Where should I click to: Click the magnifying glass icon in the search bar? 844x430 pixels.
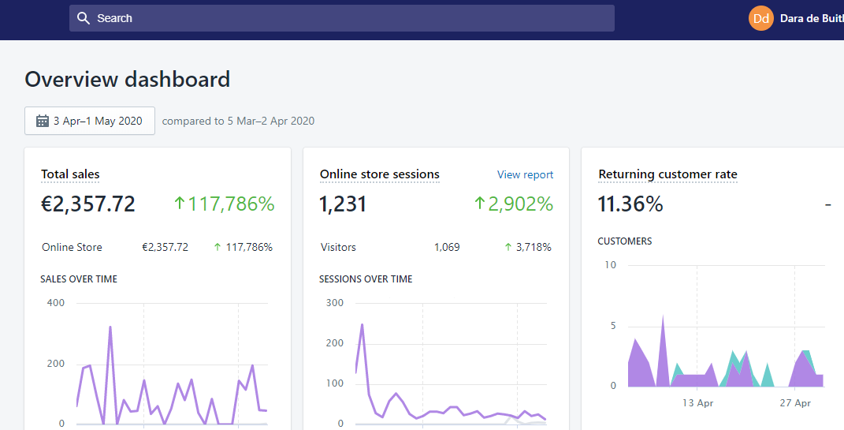pos(84,18)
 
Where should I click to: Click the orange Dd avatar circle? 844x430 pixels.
pos(761,18)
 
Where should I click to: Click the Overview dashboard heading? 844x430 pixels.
pos(128,80)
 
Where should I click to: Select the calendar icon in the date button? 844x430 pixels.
pos(43,121)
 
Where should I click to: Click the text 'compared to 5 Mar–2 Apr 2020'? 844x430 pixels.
pos(238,121)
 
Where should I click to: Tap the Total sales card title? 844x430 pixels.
pos(70,174)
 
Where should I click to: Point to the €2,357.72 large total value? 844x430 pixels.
pos(88,204)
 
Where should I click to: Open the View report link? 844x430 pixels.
pos(525,174)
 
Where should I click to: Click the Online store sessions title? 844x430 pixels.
pos(380,174)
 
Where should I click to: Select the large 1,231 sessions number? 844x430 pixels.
pos(343,204)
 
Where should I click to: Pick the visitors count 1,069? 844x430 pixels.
pos(447,247)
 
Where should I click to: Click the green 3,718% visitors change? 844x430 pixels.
pos(534,247)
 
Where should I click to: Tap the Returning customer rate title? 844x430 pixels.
pos(667,174)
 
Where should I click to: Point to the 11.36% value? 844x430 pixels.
pos(630,204)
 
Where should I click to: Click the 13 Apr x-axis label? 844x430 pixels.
pos(698,402)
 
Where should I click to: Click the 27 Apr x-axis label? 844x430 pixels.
pos(795,402)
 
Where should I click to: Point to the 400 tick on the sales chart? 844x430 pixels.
pos(55,303)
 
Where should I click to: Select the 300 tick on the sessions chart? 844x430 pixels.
pos(334,303)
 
